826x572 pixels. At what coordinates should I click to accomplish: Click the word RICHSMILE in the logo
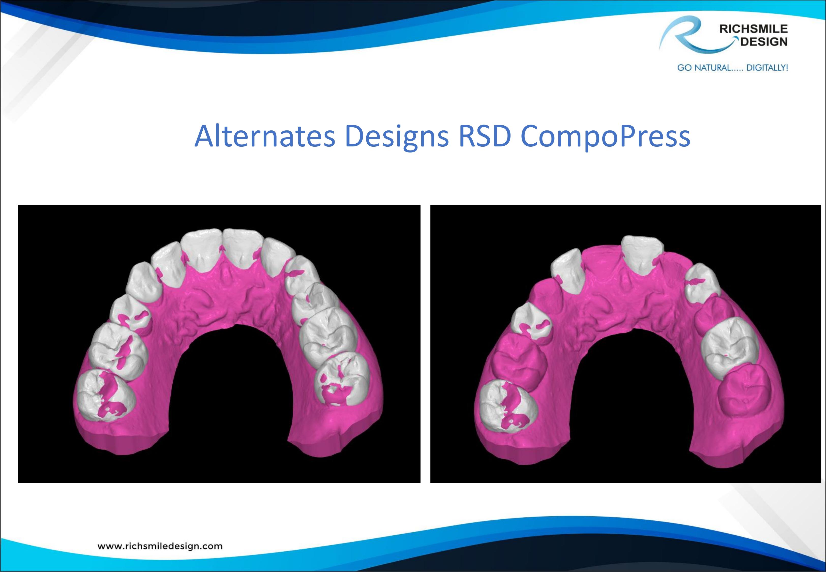[x=753, y=29]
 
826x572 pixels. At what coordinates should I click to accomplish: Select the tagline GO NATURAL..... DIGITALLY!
[x=732, y=67]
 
